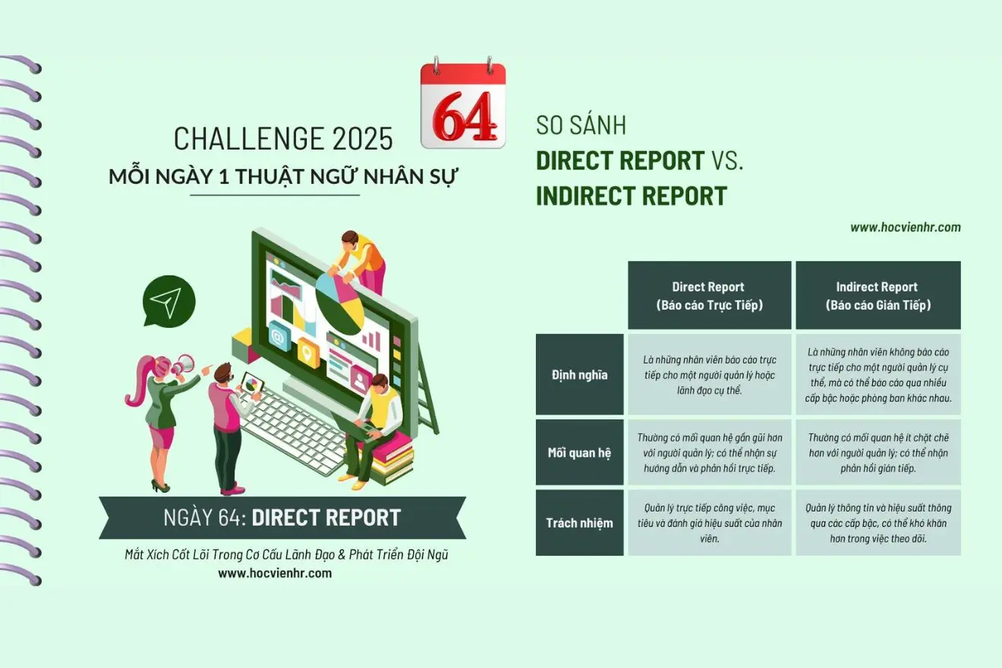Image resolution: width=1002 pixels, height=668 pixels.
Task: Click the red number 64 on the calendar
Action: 464,116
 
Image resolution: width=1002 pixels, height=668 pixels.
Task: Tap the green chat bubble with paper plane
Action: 169,301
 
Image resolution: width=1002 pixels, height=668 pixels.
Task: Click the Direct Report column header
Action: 710,295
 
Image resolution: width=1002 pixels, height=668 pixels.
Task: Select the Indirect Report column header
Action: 878,295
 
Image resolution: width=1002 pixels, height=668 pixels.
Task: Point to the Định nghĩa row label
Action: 580,374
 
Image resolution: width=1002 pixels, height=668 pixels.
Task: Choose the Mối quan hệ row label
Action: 580,452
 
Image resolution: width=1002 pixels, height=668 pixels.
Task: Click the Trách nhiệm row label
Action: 580,522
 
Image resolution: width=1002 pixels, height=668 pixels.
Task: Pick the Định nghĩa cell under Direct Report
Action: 710,374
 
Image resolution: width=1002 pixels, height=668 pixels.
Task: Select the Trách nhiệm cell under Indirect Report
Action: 878,522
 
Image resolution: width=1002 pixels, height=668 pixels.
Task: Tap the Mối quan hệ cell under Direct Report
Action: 710,452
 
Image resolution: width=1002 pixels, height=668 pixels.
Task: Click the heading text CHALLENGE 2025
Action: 283,139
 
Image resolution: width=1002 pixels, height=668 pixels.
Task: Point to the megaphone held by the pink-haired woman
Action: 182,364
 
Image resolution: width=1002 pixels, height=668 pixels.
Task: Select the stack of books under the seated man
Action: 389,457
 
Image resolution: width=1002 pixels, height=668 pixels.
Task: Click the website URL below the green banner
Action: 275,573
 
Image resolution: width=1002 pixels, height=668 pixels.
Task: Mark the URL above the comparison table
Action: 906,227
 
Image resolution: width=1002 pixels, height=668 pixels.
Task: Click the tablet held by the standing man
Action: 251,383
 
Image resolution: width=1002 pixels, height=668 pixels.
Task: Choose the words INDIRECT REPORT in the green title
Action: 632,196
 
